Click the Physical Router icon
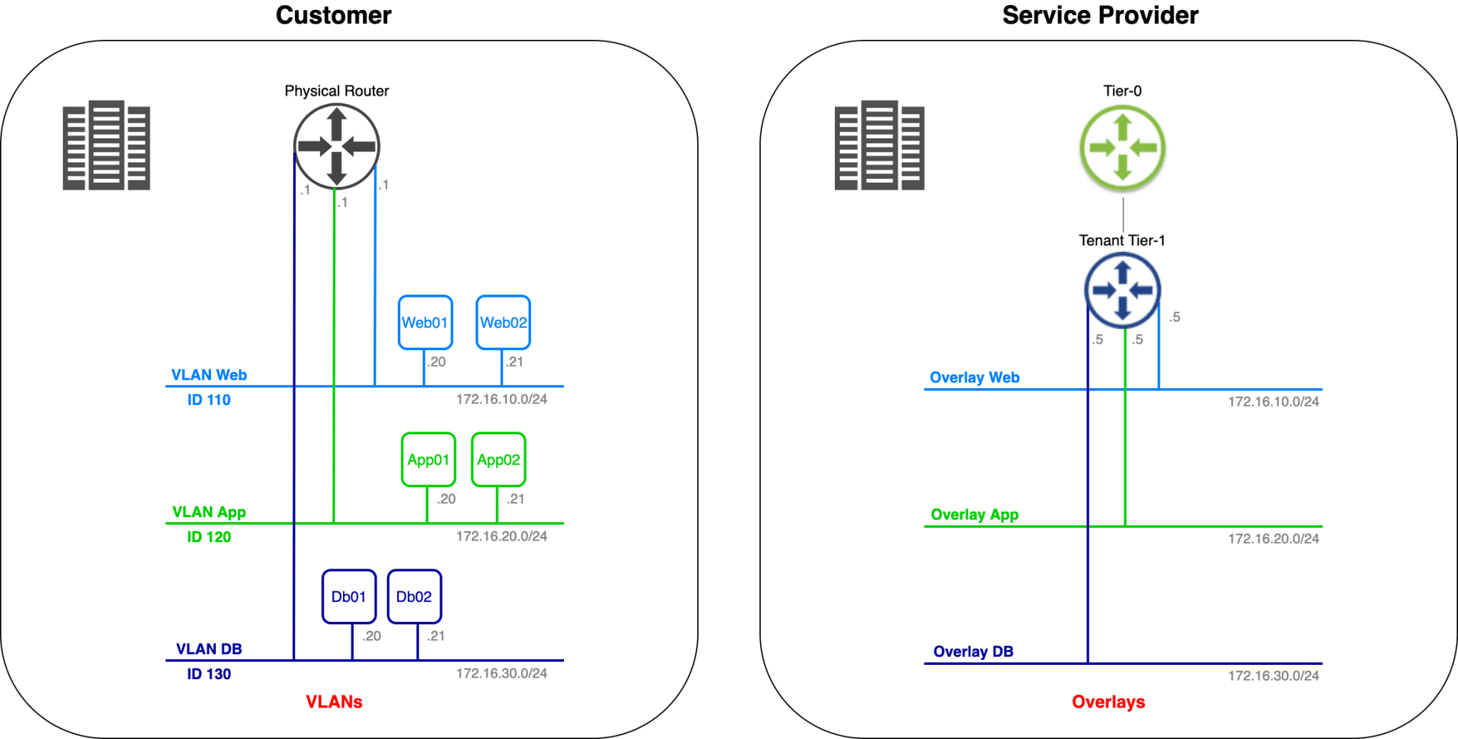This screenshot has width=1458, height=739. [x=337, y=146]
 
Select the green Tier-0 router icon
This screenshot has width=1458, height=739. [x=1122, y=148]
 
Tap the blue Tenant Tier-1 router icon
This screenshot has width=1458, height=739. [x=1122, y=290]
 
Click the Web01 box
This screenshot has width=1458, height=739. [x=425, y=322]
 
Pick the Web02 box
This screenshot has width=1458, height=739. [x=503, y=322]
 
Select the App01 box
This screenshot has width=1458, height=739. [x=428, y=459]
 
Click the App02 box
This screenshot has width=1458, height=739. [x=498, y=459]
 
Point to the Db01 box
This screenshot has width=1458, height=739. [x=349, y=596]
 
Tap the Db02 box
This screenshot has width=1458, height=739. [x=414, y=596]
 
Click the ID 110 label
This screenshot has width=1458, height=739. [x=209, y=400]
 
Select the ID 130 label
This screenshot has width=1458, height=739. [x=209, y=674]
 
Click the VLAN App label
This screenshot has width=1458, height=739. [x=209, y=512]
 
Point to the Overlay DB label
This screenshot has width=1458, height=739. [x=973, y=651]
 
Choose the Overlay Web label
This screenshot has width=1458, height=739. [x=974, y=377]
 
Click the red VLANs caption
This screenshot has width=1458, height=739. [x=334, y=702]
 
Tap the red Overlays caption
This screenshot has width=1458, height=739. [x=1108, y=702]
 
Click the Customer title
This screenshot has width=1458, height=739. [x=333, y=15]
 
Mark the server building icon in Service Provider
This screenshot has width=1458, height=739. [x=879, y=146]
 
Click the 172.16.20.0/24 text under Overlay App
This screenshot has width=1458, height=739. [x=1273, y=539]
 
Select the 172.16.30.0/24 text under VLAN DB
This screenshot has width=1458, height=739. [x=501, y=673]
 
